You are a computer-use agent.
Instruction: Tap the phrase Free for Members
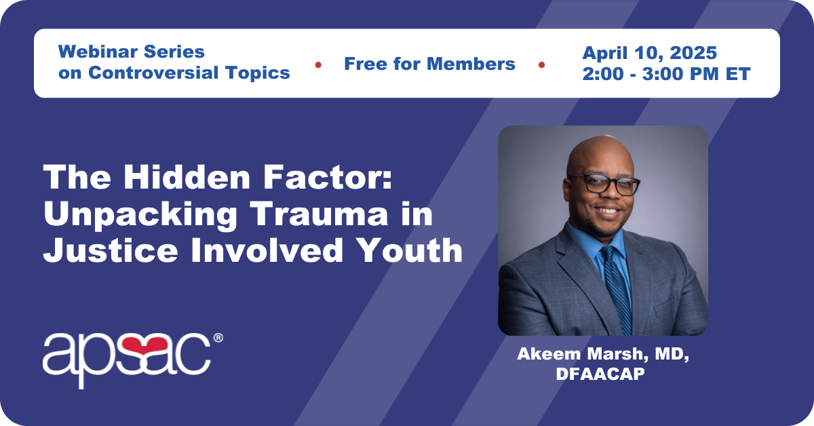[429, 64]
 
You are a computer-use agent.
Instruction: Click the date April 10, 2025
[649, 53]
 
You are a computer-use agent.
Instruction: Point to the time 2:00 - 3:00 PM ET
[666, 74]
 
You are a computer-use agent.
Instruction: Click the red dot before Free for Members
[318, 65]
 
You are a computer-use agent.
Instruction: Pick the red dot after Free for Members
[541, 65]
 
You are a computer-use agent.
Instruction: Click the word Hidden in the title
[187, 177]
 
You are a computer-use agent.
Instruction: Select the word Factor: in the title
[328, 177]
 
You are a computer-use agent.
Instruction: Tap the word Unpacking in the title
[140, 214]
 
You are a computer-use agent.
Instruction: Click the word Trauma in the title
[319, 214]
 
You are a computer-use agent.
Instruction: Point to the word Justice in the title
[111, 250]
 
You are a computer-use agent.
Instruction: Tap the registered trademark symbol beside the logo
[218, 338]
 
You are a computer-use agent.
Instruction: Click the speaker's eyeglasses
[604, 185]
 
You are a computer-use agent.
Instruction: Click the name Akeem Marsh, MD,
[603, 353]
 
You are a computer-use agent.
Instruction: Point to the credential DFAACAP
[600, 374]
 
